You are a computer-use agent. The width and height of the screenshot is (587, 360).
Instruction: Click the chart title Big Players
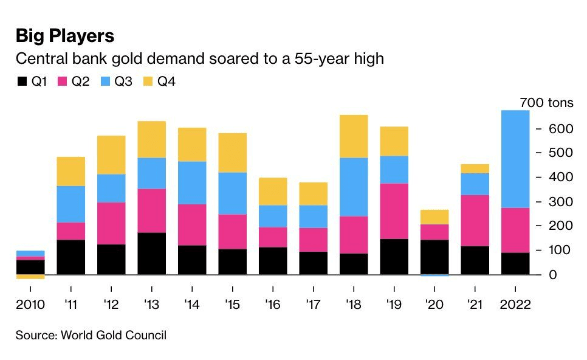tap(64, 36)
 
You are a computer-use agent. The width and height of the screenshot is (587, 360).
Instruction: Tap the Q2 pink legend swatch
tap(63, 81)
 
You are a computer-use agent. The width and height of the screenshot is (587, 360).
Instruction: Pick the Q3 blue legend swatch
tap(105, 81)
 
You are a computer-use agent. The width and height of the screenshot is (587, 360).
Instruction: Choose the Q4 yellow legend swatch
tap(148, 81)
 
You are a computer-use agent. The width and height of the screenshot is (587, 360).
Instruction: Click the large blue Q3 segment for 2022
tap(515, 159)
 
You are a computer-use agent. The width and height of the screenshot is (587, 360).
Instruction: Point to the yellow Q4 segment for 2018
tap(353, 136)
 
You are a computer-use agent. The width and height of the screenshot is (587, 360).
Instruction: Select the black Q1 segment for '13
tap(151, 253)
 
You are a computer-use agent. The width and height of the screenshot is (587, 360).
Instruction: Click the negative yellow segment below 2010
tap(30, 277)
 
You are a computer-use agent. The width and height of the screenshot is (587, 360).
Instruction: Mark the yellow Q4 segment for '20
tap(434, 217)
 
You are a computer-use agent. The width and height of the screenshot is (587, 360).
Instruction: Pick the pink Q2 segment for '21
tap(475, 220)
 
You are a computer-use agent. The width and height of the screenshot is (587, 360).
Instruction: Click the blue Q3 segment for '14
tap(191, 182)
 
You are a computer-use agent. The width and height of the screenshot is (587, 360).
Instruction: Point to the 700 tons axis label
tap(546, 103)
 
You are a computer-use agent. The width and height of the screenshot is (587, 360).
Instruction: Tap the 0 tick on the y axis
tap(554, 275)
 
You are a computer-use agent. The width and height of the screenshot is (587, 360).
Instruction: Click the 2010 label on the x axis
tap(30, 305)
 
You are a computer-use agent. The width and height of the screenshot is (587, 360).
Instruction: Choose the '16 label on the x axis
tap(272, 305)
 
